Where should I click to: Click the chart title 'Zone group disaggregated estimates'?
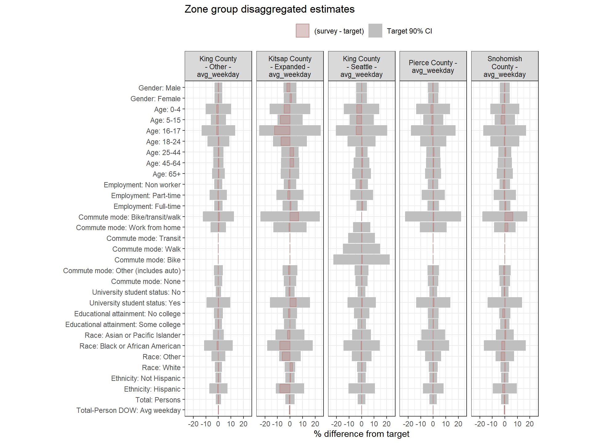[x=269, y=9]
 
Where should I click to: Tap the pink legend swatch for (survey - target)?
[x=302, y=31]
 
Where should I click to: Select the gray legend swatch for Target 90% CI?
[x=375, y=31]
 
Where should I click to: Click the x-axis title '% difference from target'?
[x=361, y=434]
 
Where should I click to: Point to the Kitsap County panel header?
[x=290, y=66]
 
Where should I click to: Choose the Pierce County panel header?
[x=433, y=66]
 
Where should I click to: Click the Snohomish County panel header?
[x=505, y=66]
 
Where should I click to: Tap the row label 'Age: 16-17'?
[x=163, y=131]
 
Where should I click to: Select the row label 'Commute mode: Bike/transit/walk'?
[x=129, y=217]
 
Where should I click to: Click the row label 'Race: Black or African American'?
[x=130, y=346]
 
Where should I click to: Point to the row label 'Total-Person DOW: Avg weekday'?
[x=128, y=410]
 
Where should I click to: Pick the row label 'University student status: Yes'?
[x=135, y=303]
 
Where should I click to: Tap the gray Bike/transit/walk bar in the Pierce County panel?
[x=446, y=217]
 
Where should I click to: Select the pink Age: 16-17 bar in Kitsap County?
[x=282, y=130]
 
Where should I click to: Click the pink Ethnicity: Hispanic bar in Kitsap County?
[x=284, y=388]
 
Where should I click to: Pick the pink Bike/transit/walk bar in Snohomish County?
[x=509, y=217]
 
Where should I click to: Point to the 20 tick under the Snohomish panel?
[x=529, y=424]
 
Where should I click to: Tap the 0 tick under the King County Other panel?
[x=218, y=424]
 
